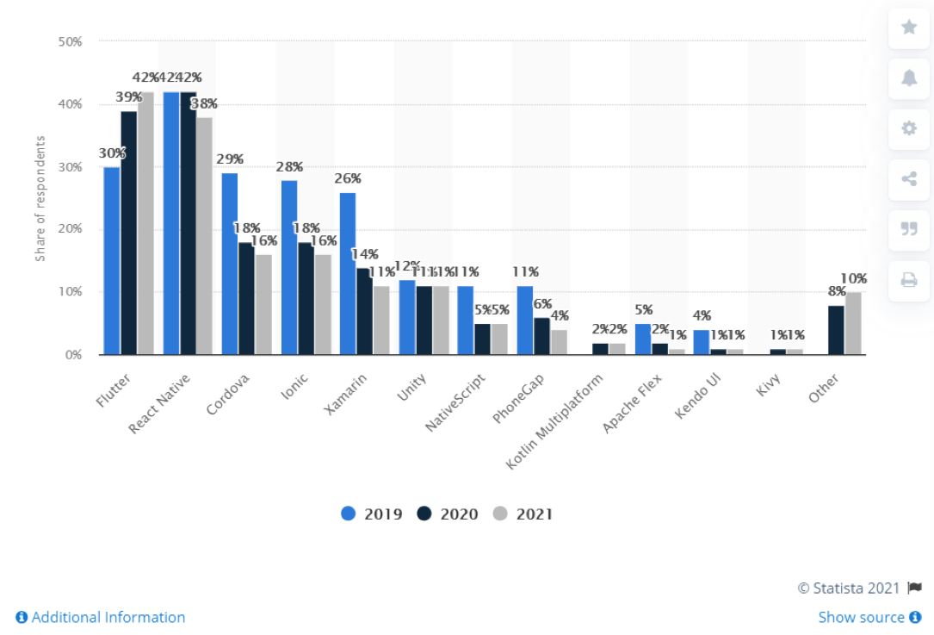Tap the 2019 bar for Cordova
click(230, 264)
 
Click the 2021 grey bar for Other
click(853, 323)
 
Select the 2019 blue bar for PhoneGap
click(525, 320)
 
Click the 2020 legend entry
click(448, 514)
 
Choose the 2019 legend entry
click(372, 514)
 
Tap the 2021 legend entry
click(523, 514)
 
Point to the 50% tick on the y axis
click(70, 41)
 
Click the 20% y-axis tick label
click(70, 229)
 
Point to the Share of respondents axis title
click(40, 198)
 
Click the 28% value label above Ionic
click(289, 165)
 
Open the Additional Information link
click(101, 617)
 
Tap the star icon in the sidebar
click(909, 27)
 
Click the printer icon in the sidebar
click(909, 279)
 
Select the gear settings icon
click(909, 128)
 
